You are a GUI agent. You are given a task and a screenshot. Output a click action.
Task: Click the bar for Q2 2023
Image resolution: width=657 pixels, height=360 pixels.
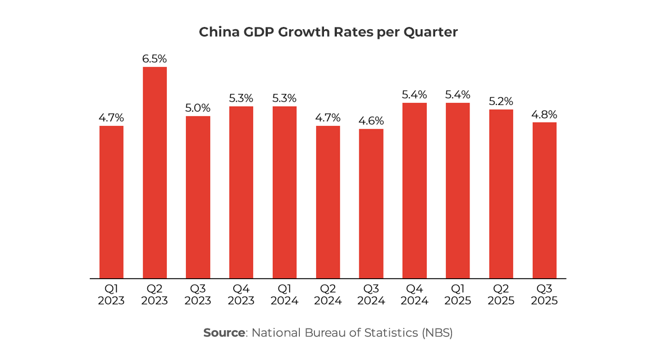[x=154, y=172]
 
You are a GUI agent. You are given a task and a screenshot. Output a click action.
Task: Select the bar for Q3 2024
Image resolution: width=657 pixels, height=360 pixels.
[x=371, y=203]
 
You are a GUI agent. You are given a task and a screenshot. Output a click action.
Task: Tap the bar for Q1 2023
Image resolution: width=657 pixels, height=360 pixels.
[x=111, y=202]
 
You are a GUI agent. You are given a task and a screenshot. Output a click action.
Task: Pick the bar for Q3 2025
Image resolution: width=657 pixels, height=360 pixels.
[x=544, y=200]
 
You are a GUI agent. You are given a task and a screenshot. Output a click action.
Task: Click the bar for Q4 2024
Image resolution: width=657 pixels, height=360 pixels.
[x=414, y=190]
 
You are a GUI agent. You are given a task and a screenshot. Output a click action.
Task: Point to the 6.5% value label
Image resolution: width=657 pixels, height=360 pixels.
[x=154, y=59]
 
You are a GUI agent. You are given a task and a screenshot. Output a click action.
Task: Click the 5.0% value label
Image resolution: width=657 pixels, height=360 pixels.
[x=198, y=108]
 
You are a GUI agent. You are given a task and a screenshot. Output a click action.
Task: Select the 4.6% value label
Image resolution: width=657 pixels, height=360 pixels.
[x=371, y=121]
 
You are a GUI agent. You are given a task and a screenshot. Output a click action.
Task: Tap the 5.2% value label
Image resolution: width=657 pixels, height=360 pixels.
[x=501, y=101]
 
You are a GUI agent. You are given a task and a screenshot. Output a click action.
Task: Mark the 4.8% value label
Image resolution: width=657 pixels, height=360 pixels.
[x=544, y=114]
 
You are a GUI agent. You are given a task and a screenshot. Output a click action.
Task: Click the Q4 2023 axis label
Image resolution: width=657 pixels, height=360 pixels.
[x=241, y=295]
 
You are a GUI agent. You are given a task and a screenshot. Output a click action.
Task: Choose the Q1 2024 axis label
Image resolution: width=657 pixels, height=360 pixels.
[x=284, y=295]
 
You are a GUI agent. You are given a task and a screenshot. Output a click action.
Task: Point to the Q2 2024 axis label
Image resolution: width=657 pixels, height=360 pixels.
[x=328, y=295]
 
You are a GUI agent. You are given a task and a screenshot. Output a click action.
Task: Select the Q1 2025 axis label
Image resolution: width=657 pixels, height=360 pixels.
[x=458, y=295]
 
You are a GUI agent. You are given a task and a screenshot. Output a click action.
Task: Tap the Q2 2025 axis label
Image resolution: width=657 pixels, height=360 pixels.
[x=501, y=295]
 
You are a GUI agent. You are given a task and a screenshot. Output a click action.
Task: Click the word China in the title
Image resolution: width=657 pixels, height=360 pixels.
[x=218, y=33]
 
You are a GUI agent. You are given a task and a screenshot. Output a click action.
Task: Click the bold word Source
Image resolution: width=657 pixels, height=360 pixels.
[x=223, y=332]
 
